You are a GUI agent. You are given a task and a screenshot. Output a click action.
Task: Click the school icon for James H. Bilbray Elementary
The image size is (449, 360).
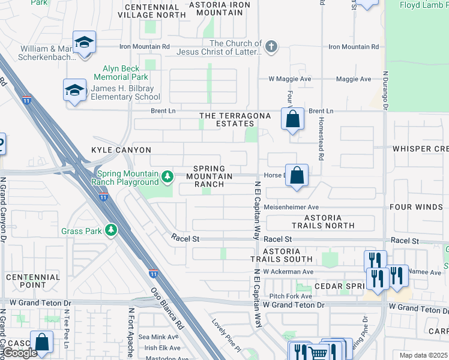click(x=75, y=91)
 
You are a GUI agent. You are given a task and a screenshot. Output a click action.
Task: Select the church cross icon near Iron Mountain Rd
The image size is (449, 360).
click(x=271, y=47)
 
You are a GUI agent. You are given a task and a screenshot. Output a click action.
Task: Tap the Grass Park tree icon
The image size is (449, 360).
click(x=110, y=230)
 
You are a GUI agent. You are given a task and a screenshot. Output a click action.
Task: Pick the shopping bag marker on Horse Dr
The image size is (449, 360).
click(x=297, y=176)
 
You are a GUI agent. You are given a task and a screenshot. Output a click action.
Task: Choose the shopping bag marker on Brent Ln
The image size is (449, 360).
click(x=292, y=119)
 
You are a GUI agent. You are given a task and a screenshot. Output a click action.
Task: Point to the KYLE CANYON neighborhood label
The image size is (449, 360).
click(x=121, y=149)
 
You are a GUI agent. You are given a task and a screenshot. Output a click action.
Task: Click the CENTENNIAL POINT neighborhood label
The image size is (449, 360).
click(x=33, y=281)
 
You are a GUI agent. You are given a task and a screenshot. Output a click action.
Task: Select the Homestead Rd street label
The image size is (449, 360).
click(x=322, y=144)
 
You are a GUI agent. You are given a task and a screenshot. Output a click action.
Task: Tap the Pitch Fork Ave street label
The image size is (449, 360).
click(x=291, y=296)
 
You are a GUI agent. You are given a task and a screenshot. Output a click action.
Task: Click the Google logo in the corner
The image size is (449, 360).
click(x=20, y=353)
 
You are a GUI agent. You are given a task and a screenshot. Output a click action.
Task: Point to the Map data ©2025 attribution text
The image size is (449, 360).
click(x=423, y=355)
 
